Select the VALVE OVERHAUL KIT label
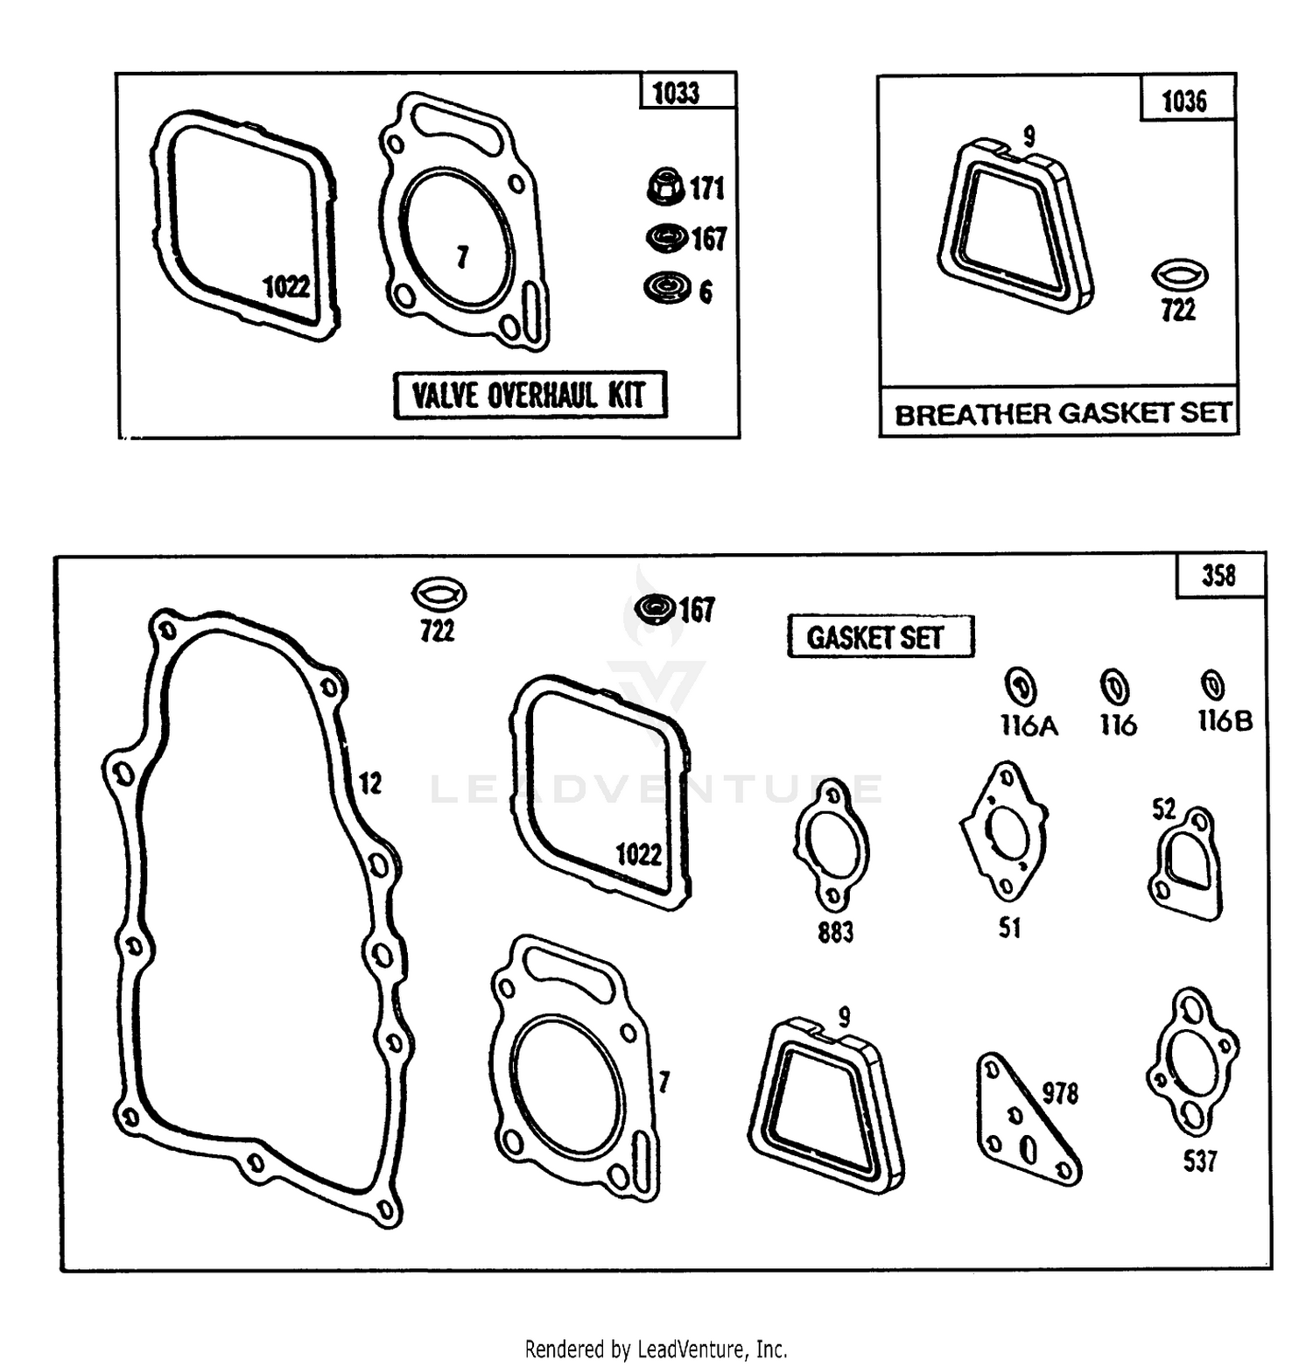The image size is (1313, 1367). [x=530, y=395]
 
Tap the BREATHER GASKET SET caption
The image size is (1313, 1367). [x=1062, y=412]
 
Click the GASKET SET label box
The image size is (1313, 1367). [x=880, y=636]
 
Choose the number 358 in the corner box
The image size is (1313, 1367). [x=1219, y=576]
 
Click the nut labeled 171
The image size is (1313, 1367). [x=666, y=186]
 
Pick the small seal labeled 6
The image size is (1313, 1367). [x=667, y=288]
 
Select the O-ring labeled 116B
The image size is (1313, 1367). [x=1212, y=683]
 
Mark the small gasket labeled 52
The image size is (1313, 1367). [x=1186, y=864]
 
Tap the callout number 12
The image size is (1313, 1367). [x=370, y=782]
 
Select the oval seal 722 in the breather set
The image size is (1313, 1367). [x=1180, y=275]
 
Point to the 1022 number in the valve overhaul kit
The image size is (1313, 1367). [x=286, y=286]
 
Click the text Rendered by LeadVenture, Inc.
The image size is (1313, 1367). [x=656, y=1349]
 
